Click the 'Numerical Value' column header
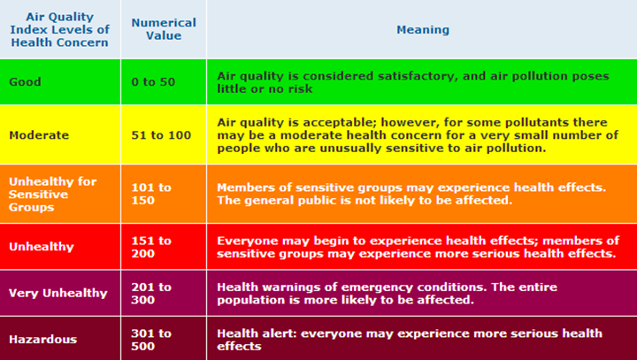click(164, 29)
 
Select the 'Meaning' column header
click(423, 30)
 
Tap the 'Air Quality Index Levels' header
click(60, 29)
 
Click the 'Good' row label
click(25, 81)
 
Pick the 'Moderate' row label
click(39, 135)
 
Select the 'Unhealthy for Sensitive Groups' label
click(53, 195)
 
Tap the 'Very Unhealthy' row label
click(58, 293)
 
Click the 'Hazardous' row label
click(43, 340)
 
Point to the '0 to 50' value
click(153, 81)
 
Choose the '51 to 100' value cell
click(161, 135)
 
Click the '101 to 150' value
click(151, 194)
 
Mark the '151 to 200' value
click(151, 247)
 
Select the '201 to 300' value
click(151, 294)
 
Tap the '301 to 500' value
click(151, 340)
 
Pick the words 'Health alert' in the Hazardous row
click(257, 333)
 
